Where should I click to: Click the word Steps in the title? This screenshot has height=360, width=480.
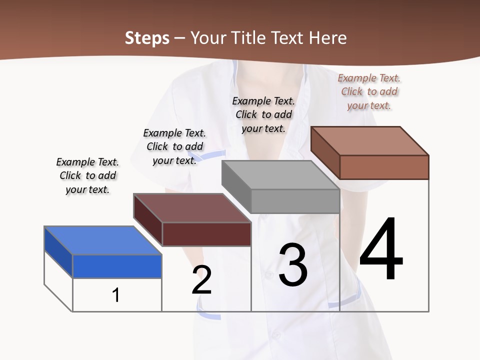tap(147, 38)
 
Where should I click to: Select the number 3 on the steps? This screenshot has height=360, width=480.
tap(293, 265)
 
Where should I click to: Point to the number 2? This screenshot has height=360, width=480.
tap(201, 280)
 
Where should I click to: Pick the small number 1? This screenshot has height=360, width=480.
tap(116, 295)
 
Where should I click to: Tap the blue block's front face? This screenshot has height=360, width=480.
tap(117, 266)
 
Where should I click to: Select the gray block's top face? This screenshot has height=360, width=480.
tap(280, 175)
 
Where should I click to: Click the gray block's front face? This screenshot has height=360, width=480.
tap(295, 201)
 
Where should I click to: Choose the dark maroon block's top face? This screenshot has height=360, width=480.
tap(192, 208)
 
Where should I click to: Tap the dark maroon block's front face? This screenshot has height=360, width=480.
tap(206, 234)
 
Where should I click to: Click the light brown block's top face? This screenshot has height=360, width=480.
tap(370, 140)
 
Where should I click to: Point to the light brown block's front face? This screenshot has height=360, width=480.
tap(384, 167)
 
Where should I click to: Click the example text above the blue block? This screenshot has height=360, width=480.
tap(87, 175)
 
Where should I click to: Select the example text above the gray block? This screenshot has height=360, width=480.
tap(263, 114)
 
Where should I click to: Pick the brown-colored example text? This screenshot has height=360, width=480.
tap(369, 91)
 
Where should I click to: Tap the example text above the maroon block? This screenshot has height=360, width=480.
tap(174, 146)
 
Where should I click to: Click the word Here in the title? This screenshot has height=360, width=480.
tap(328, 38)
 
